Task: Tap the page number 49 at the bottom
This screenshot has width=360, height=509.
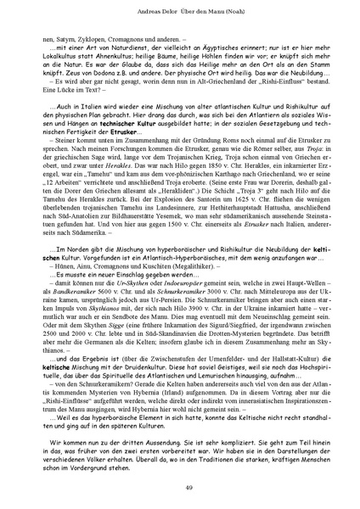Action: (x=180, y=485)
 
